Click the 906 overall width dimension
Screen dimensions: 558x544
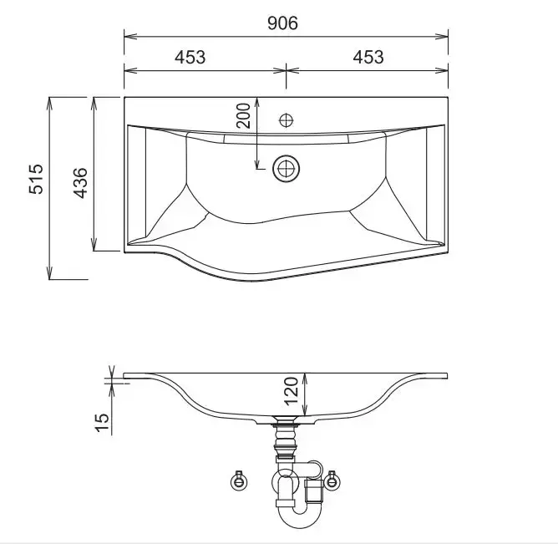coord(282,23)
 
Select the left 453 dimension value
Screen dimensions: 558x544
coord(190,58)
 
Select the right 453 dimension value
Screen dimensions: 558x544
coord(368,58)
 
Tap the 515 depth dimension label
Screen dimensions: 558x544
coord(36,179)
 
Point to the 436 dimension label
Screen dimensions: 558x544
coord(81,183)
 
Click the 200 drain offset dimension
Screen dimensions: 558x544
coord(244,115)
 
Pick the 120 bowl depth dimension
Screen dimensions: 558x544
coord(292,391)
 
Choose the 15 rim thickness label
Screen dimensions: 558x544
coord(102,423)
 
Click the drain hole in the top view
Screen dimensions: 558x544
coord(287,169)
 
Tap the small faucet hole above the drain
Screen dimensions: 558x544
coord(287,120)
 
